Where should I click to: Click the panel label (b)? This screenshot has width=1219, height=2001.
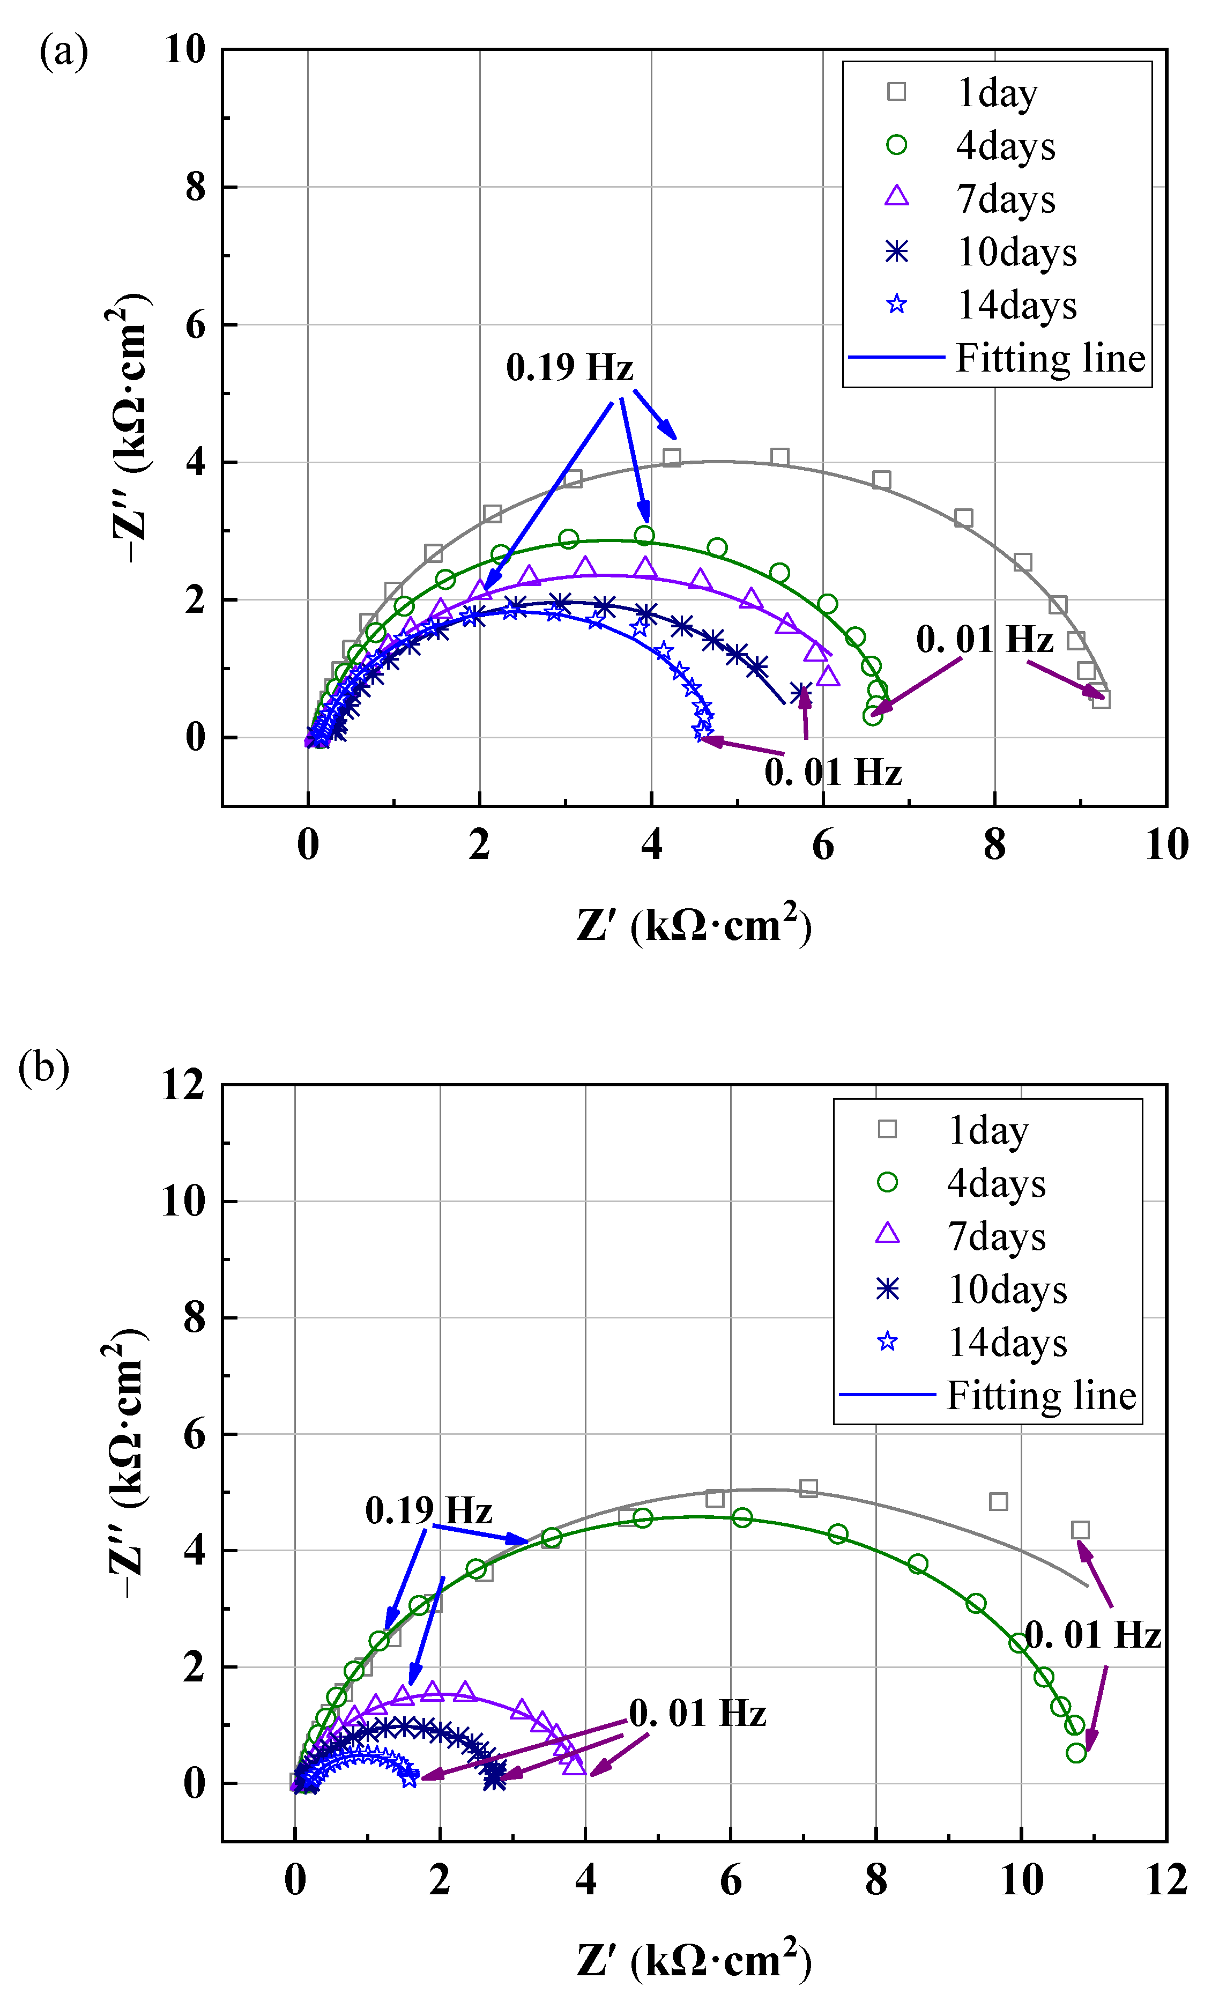tap(44, 1067)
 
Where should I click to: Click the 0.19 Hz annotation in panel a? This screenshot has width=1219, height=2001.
tap(569, 367)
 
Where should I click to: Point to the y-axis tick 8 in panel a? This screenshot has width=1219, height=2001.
tap(196, 188)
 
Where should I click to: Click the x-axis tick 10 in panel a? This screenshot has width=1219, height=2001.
tap(1166, 846)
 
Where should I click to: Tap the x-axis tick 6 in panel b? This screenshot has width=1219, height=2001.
tap(730, 1880)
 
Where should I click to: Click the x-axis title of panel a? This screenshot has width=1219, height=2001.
tap(694, 925)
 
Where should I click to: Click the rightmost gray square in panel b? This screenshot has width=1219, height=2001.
tap(1079, 1530)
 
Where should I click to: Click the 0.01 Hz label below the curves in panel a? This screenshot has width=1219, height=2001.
tap(833, 772)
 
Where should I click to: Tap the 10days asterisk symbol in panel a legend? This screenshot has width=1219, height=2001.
tap(897, 252)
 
